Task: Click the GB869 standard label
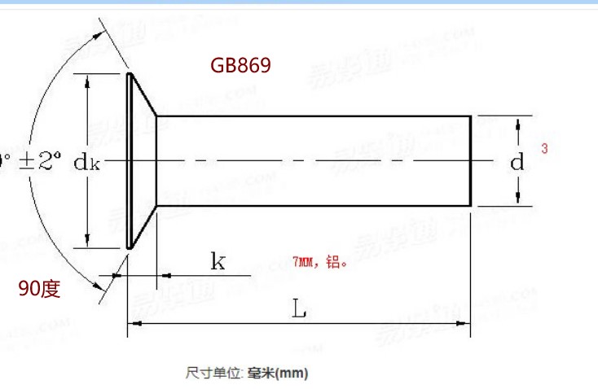point(240,65)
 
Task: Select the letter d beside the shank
point(517,162)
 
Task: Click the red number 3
point(543,149)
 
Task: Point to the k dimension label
point(218,261)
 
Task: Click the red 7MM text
point(303,262)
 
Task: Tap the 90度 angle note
point(40,288)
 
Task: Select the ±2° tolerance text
point(36,162)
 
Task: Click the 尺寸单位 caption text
point(212,373)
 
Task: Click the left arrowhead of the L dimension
point(135,325)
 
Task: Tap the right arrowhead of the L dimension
point(465,325)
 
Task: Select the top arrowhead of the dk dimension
point(87,79)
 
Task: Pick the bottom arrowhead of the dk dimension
point(87,242)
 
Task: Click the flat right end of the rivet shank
point(472,161)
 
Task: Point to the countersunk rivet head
point(141,161)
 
